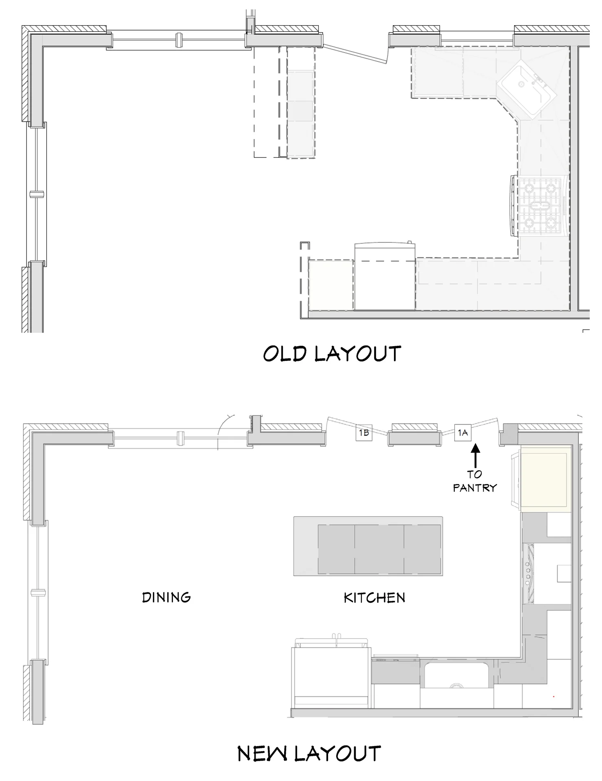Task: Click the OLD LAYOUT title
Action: pos(332,354)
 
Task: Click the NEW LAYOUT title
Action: pos(309,753)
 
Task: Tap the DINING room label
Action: pos(166,597)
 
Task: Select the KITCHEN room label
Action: pos(374,598)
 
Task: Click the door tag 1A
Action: pos(463,432)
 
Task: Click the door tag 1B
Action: pos(364,432)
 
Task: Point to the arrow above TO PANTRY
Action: pos(475,456)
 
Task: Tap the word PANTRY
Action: pos(475,487)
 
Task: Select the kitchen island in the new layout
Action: pos(368,546)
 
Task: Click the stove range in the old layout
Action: pos(540,206)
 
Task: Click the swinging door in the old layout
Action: pos(355,54)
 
